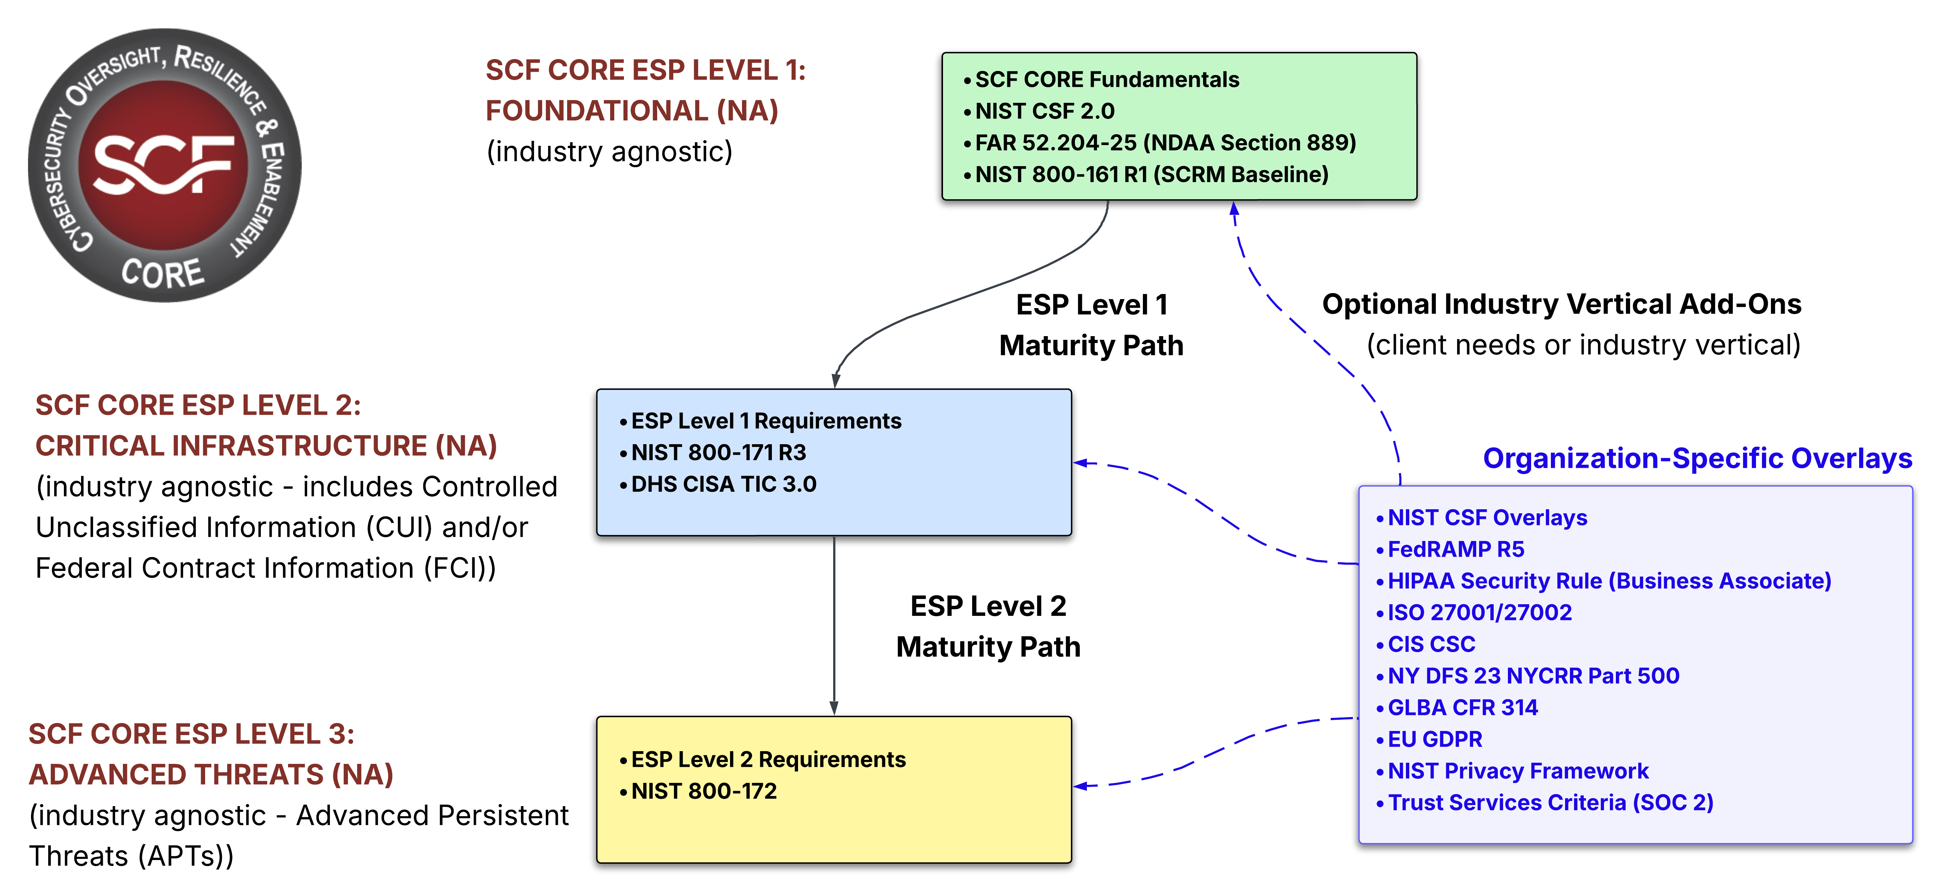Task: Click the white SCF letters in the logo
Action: [163, 164]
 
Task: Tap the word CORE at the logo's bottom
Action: [163, 273]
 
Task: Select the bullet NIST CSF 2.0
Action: [1045, 111]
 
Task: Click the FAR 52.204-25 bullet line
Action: [1165, 143]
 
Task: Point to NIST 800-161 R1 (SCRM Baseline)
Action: [1151, 175]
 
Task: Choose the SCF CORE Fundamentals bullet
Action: [1107, 80]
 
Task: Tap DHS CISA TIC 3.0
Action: [724, 484]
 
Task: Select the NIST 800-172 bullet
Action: [704, 792]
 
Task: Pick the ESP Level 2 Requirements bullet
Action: [768, 760]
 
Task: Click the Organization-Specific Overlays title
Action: [1698, 458]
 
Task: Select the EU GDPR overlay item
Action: [1434, 739]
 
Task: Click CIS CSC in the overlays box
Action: [1431, 644]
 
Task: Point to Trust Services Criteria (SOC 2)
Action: [1550, 803]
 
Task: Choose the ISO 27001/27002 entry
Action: [1479, 612]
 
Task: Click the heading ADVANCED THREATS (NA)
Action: [211, 775]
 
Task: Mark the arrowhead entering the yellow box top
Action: [834, 708]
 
